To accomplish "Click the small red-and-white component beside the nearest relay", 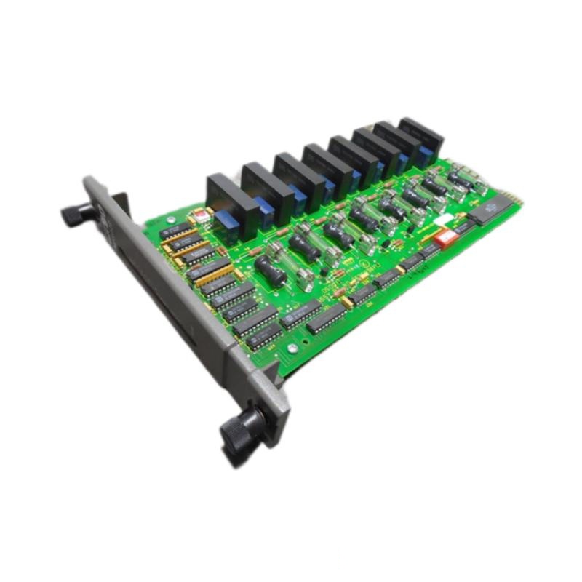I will pyautogui.click(x=195, y=216).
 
